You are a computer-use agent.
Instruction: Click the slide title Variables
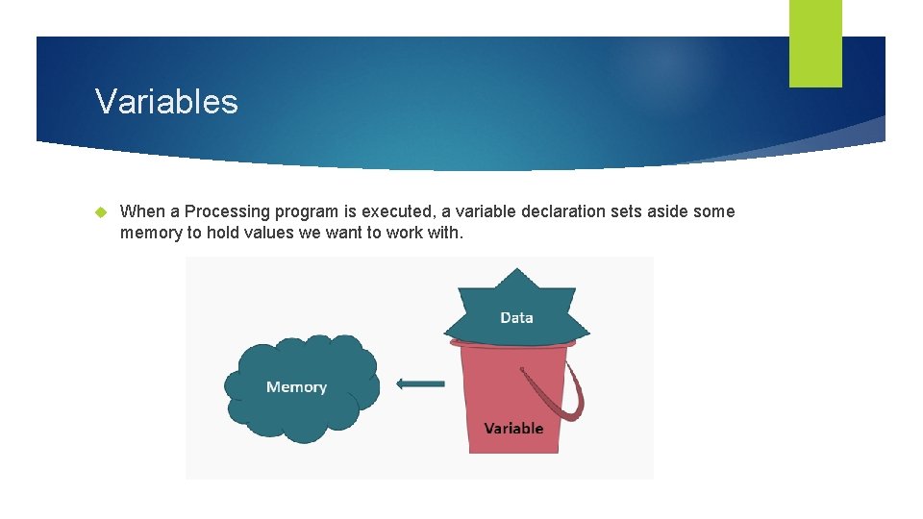[166, 101]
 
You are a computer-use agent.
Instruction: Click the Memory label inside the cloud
[296, 387]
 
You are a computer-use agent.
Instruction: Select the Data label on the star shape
[516, 317]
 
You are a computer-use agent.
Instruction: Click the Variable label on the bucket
[513, 429]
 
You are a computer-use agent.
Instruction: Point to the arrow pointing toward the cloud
[420, 384]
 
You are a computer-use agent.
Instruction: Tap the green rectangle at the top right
[815, 43]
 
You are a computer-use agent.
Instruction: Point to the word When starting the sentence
[141, 211]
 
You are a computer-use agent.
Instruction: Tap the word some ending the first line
[714, 211]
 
